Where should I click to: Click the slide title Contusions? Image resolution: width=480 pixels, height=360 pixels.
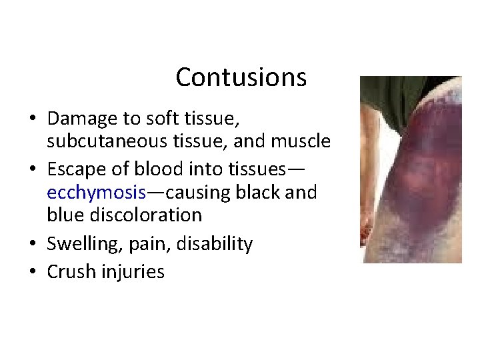click(241, 77)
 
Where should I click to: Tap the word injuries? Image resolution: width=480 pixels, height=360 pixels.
click(133, 272)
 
